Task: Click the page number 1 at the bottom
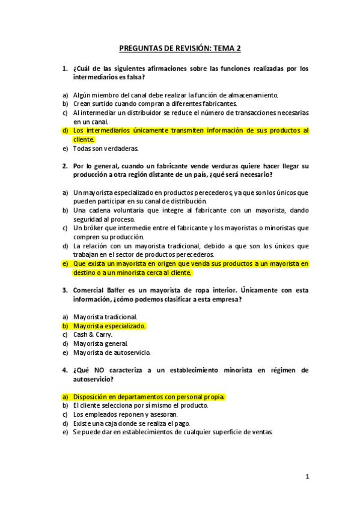[x=307, y=477]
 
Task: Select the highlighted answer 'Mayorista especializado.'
[x=109, y=325]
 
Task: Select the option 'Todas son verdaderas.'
[x=106, y=148]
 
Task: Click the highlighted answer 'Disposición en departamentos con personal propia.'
[x=150, y=397]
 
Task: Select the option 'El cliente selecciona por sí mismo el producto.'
[x=141, y=405]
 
